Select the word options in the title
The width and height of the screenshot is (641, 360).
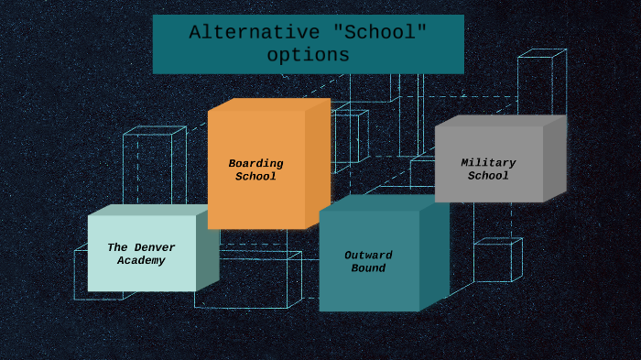[309, 55]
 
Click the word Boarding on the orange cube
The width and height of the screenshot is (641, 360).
[255, 164]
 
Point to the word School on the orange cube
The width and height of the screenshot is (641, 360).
[255, 177]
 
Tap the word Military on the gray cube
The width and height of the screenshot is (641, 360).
[488, 163]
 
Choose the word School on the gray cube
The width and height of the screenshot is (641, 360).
[488, 176]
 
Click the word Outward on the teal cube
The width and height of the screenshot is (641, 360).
[368, 256]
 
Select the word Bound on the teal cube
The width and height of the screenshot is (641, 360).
[368, 268]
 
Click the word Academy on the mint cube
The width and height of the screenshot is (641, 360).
[141, 261]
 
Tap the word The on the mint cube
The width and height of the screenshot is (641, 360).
[117, 247]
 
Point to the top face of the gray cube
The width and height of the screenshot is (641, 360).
[500, 120]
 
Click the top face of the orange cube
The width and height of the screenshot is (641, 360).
[270, 104]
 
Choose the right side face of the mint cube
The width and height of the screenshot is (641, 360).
[207, 251]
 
